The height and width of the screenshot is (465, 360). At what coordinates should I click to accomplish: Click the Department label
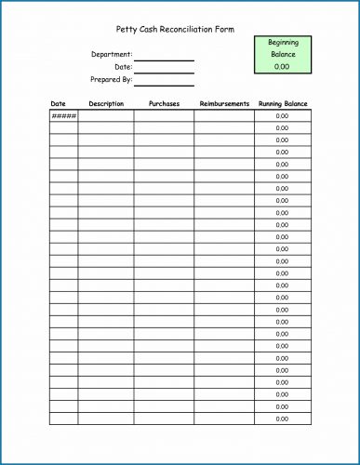point(112,55)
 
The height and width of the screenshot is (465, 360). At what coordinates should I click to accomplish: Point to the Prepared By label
point(112,79)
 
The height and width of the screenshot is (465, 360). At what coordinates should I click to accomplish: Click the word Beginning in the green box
point(282,43)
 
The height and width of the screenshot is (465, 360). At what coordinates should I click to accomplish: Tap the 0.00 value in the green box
point(282,66)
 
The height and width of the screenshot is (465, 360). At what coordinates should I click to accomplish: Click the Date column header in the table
point(58,103)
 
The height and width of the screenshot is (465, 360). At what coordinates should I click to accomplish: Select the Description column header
point(106,103)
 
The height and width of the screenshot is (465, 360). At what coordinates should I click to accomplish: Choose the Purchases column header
point(164,103)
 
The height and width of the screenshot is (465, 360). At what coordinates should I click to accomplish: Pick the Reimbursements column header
point(224,103)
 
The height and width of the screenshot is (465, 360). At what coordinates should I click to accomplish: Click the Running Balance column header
point(283,103)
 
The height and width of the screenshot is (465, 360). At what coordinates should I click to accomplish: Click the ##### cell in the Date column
point(63,116)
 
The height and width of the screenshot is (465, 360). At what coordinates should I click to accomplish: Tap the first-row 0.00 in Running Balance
point(282,116)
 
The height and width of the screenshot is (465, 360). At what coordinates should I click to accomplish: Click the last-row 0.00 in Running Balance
point(282,418)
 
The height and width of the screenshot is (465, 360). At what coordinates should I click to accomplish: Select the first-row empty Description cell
point(106,116)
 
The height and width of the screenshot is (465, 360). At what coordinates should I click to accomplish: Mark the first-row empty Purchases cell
point(164,116)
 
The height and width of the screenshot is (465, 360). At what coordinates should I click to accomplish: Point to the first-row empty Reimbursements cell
point(224,116)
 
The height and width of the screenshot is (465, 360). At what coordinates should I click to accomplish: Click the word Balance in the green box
point(282,54)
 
